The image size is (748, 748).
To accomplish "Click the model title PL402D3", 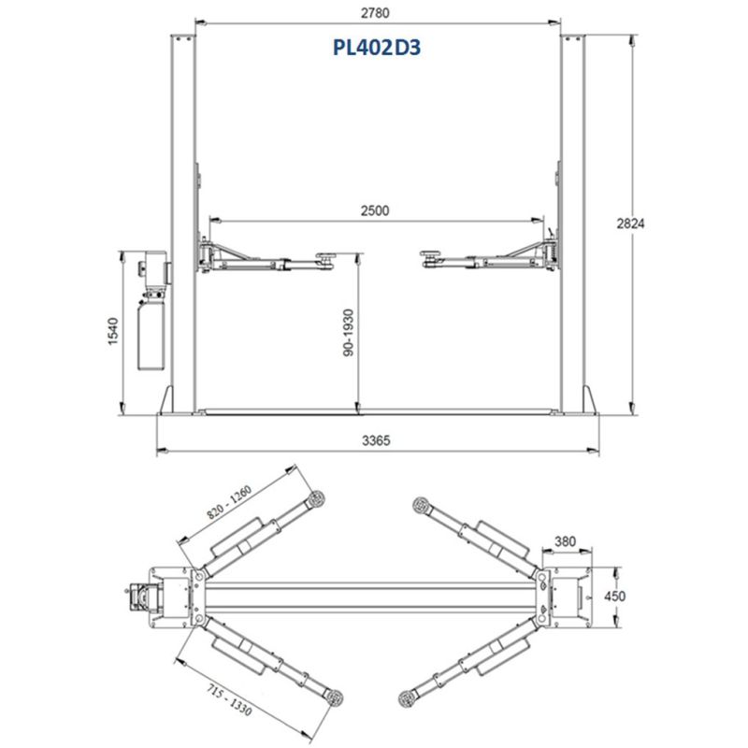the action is (x=377, y=48).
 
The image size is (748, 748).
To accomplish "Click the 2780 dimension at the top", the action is (x=375, y=13).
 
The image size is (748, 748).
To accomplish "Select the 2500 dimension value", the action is (x=375, y=210).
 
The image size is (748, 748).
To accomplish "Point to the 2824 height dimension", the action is (x=630, y=223).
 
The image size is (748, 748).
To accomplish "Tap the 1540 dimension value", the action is (x=112, y=331).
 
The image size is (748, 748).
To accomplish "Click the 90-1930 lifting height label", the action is (x=349, y=333).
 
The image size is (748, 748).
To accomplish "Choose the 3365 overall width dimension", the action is (x=376, y=440).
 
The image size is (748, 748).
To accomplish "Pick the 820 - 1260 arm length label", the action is (x=229, y=502).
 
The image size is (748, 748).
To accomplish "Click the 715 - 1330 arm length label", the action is (x=229, y=699).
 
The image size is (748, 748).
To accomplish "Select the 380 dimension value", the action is (x=566, y=541).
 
